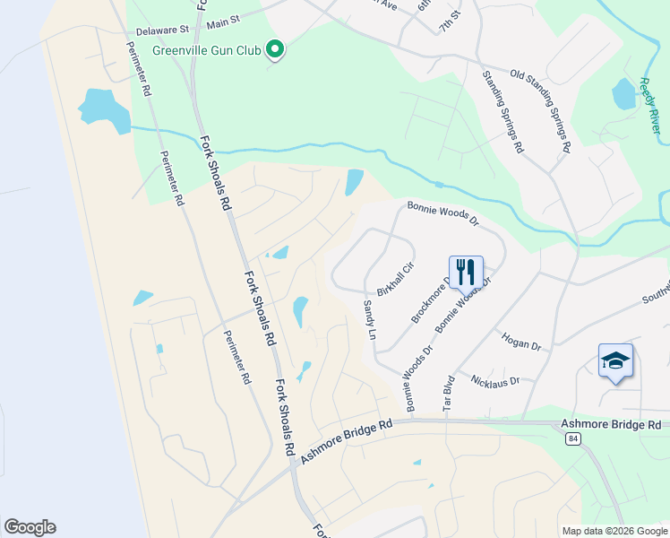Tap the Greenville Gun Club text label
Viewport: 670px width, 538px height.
(x=207, y=51)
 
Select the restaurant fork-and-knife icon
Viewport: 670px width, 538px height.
(x=466, y=272)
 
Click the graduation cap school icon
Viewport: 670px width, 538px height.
(x=615, y=361)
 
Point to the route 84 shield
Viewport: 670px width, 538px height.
(x=571, y=438)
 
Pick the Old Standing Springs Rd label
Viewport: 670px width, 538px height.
(x=541, y=111)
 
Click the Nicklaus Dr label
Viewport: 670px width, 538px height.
(x=494, y=382)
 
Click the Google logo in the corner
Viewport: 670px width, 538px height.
(x=30, y=527)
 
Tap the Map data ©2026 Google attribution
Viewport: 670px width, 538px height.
(x=614, y=531)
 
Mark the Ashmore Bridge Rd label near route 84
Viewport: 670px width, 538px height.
(x=611, y=423)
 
